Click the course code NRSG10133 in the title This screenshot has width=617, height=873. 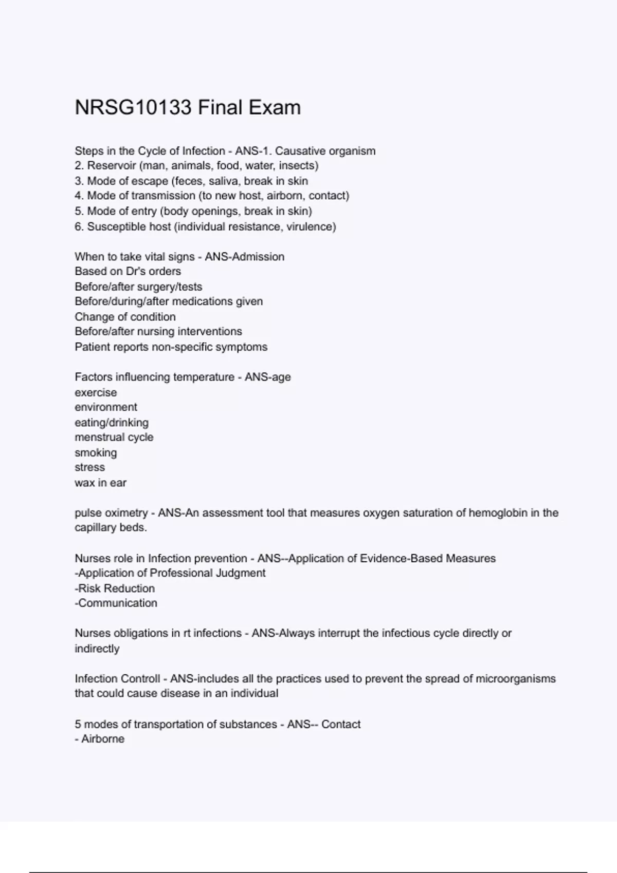pyautogui.click(x=133, y=108)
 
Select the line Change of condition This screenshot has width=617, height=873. pyautogui.click(x=125, y=317)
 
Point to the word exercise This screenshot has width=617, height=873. pyautogui.click(x=96, y=393)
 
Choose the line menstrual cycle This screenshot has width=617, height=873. pyautogui.click(x=114, y=438)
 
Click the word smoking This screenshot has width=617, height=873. pyautogui.click(x=96, y=453)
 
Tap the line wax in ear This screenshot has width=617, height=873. pyautogui.click(x=100, y=483)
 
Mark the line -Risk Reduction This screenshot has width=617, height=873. pyautogui.click(x=115, y=589)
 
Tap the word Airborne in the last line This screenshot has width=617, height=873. pyautogui.click(x=103, y=739)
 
